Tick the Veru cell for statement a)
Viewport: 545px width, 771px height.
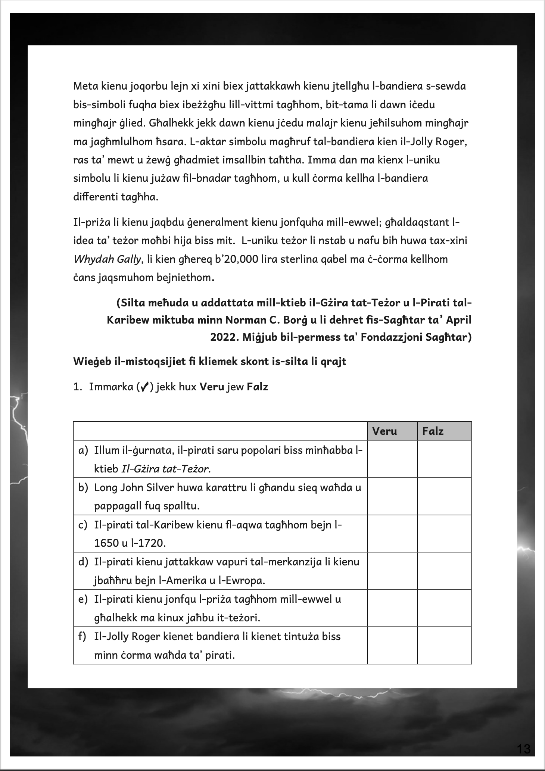[392, 459]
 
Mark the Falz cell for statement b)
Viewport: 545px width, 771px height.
[444, 496]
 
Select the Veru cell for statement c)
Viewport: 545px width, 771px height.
[392, 534]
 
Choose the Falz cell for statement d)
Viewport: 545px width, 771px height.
[444, 571]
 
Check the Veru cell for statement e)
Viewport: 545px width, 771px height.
[392, 608]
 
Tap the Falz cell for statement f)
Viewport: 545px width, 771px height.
[444, 646]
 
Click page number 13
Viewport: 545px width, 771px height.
[524, 749]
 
